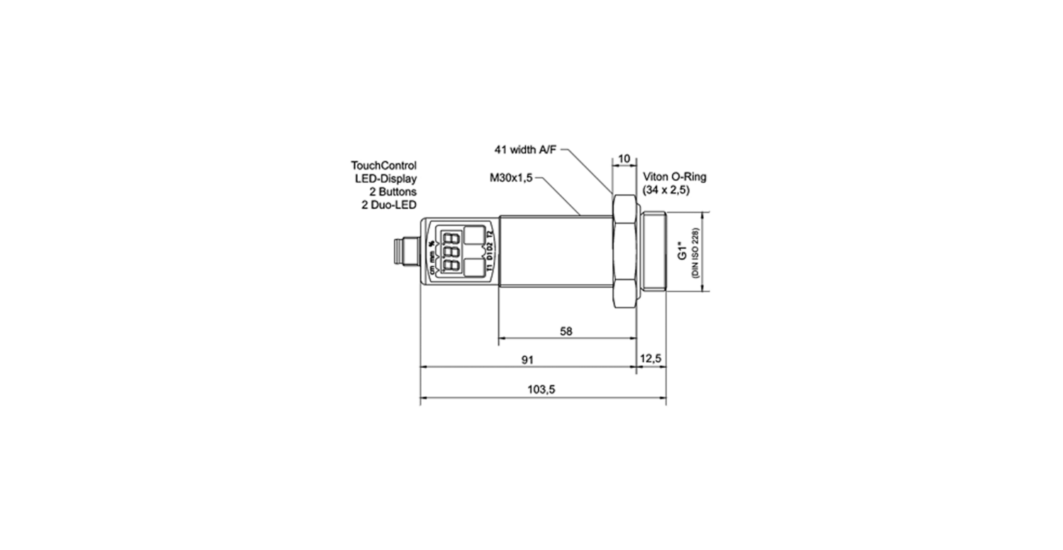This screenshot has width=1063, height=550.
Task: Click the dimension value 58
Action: tap(566, 331)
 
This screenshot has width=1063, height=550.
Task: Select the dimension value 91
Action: tap(527, 360)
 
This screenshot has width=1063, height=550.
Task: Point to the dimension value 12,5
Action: tap(650, 359)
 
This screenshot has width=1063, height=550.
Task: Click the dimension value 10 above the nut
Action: tap(624, 157)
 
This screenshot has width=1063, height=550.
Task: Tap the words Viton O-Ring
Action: tap(675, 178)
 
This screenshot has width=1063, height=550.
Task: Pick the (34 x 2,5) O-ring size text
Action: tap(666, 191)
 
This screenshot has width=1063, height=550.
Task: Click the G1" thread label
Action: tap(682, 252)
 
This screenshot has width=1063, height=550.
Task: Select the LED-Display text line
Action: tap(386, 178)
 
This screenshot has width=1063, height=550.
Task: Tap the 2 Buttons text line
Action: tap(393, 191)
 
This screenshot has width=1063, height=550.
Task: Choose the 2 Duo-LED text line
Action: tap(389, 204)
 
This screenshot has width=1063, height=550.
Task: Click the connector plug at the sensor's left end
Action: tap(407, 252)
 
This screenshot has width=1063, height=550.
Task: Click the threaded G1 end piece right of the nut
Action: tap(653, 252)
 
